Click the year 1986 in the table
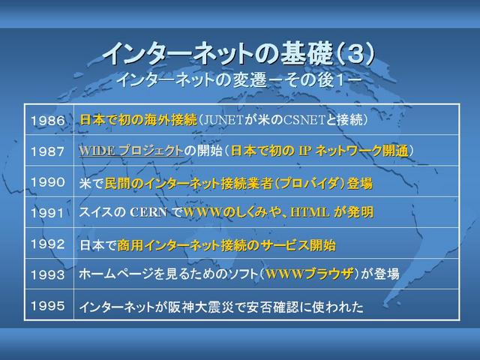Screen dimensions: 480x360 (48, 120)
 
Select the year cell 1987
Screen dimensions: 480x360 (48, 151)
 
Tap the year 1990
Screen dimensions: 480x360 (48, 182)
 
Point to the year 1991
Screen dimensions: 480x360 (47, 213)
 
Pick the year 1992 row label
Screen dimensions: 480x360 (48, 244)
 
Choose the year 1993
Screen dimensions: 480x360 (48, 274)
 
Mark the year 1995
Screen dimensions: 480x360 (48, 305)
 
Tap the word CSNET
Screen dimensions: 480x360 (304, 120)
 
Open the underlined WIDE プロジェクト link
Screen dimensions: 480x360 (131, 151)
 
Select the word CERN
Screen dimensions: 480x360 (148, 212)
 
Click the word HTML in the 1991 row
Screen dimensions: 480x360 (310, 212)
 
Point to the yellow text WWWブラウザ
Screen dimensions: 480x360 (310, 274)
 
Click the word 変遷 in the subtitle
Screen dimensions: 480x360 (249, 80)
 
